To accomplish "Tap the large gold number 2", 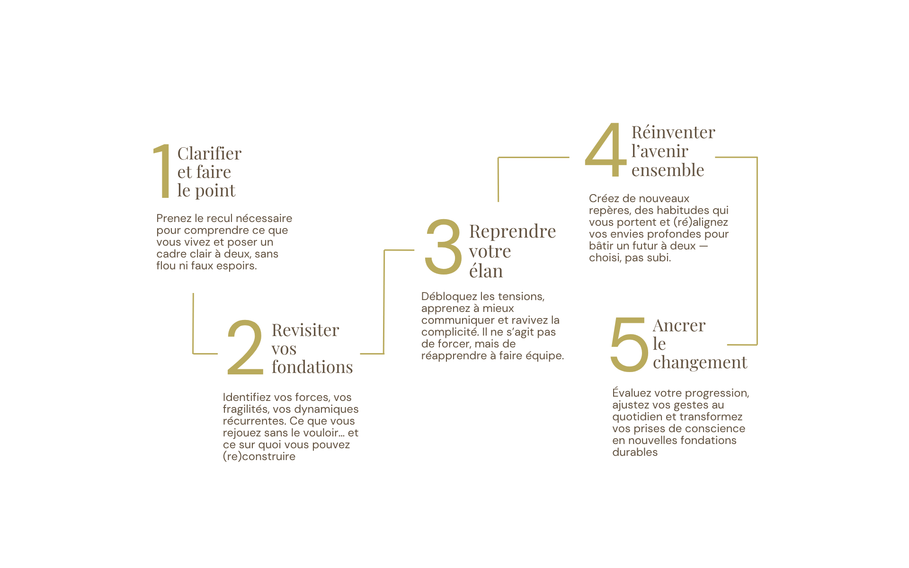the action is (245, 347).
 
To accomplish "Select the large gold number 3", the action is (443, 247).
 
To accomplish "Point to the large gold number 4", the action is (606, 149).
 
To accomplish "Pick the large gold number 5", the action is (629, 344).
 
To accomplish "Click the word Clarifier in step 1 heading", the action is (209, 153).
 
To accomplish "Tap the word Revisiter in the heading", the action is (305, 330).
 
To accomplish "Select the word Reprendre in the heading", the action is (512, 231).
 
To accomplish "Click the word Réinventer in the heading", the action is (673, 132).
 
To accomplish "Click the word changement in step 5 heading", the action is (700, 363).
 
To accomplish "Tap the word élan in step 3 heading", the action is (486, 271).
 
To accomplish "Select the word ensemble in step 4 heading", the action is (668, 170).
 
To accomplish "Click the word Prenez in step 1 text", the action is (174, 218).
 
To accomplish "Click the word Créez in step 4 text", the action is (603, 198).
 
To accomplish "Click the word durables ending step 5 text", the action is (635, 452).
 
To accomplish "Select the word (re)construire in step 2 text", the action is (259, 456).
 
